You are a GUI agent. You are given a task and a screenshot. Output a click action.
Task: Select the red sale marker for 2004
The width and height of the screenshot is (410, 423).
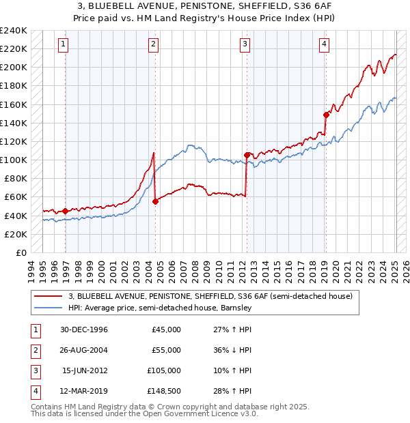tap(155, 201)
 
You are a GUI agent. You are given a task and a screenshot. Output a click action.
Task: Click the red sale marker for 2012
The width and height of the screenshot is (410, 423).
tap(246, 155)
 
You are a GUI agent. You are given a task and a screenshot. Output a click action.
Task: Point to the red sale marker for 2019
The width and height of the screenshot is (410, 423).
tap(326, 115)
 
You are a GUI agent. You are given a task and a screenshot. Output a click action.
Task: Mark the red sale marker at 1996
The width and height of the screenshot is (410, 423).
tap(66, 211)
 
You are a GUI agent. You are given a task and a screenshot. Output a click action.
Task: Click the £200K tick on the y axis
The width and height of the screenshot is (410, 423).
tap(14, 67)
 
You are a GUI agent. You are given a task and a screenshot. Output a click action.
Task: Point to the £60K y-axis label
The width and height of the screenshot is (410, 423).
tap(16, 196)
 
